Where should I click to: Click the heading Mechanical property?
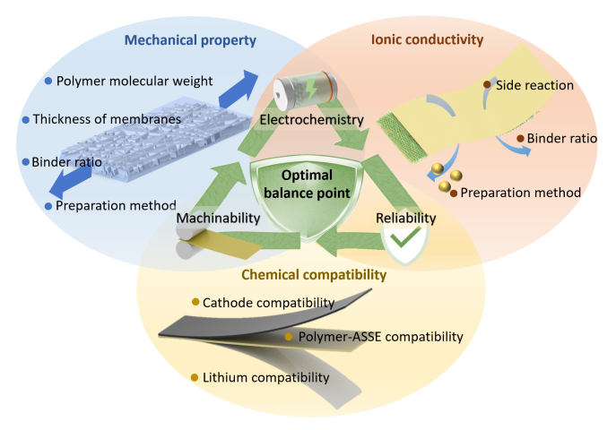point(191,40)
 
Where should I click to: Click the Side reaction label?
point(537,85)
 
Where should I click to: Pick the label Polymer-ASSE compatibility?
point(380,337)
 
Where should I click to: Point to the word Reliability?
point(406,217)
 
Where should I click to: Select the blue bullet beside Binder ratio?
point(24,162)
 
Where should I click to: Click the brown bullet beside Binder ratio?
point(520,139)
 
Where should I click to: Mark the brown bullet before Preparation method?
point(454,193)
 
